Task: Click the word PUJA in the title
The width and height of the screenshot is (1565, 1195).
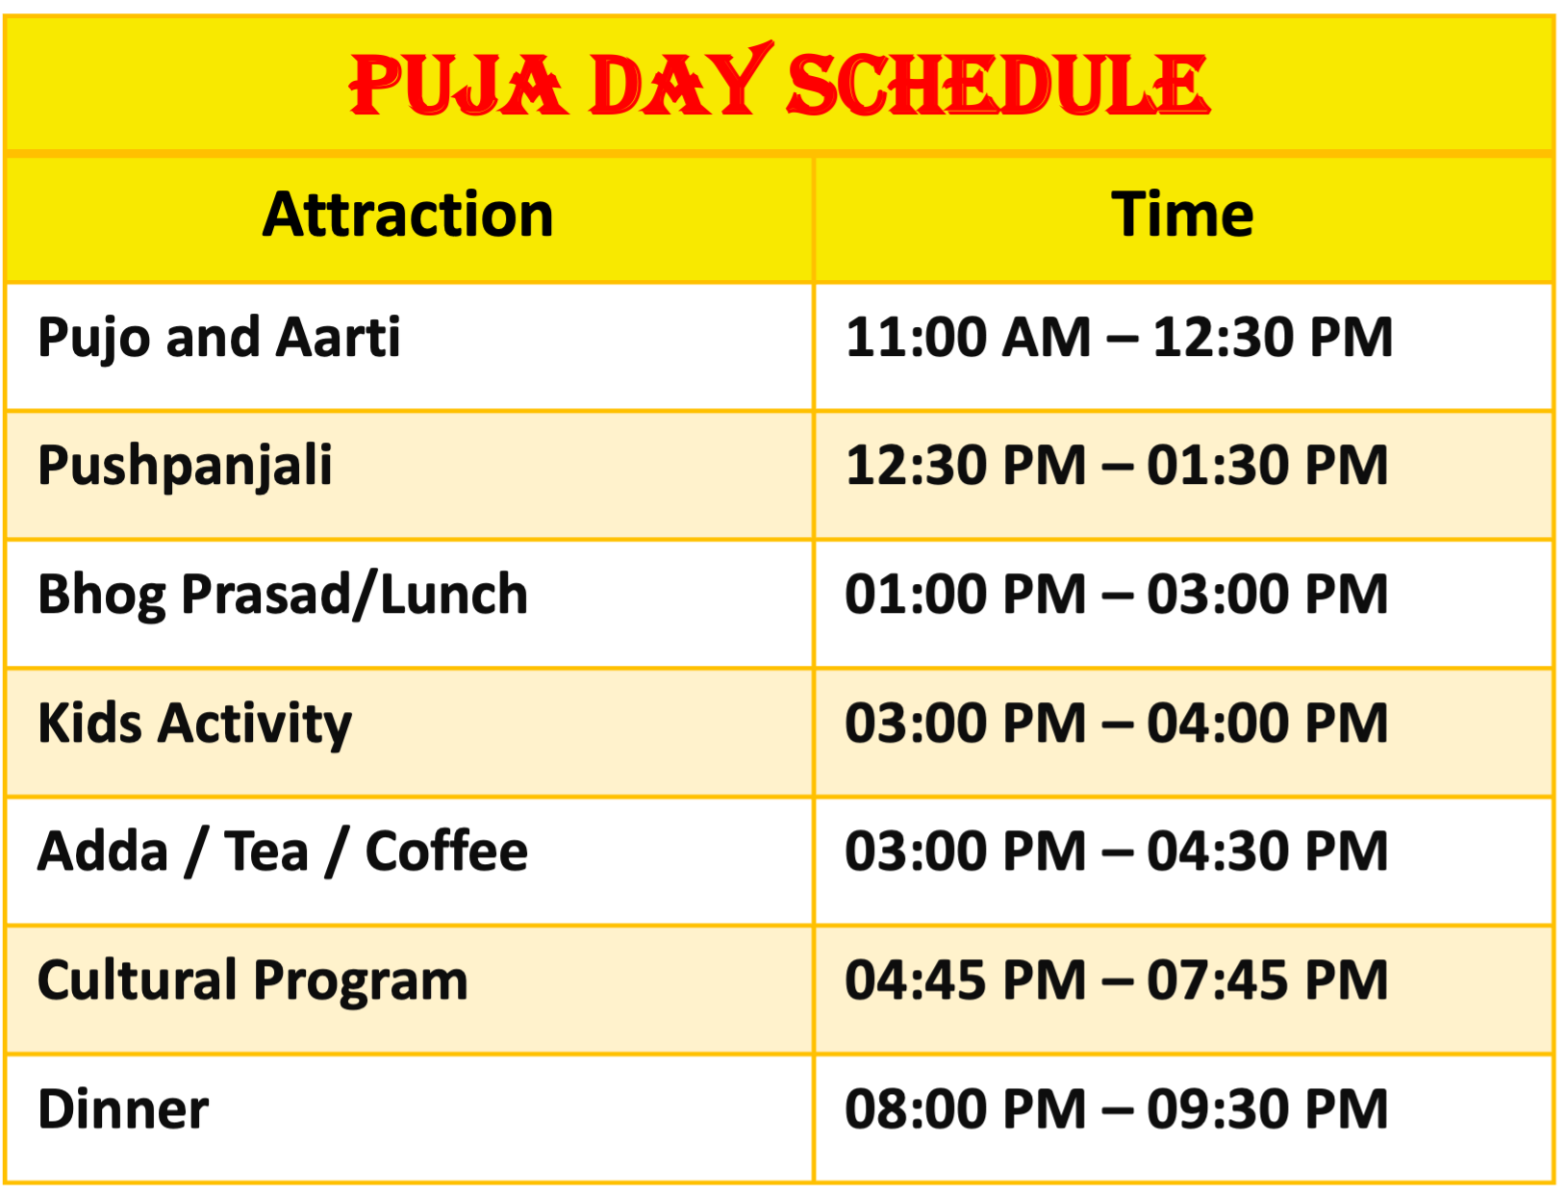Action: [x=458, y=85]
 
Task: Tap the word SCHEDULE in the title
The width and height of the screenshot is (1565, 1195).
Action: [x=998, y=85]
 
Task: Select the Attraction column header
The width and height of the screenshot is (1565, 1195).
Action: [x=408, y=214]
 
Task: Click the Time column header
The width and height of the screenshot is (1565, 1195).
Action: [x=1182, y=214]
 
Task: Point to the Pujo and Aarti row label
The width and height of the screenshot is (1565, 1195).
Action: [x=219, y=338]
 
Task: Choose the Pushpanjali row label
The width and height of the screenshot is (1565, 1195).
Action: [x=186, y=467]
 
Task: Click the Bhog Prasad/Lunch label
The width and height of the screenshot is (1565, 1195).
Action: [x=283, y=595]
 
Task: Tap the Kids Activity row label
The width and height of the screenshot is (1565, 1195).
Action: [x=194, y=724]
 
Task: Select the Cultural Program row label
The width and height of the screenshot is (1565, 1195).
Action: [x=252, y=981]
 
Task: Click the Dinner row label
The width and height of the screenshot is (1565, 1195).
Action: [x=123, y=1109]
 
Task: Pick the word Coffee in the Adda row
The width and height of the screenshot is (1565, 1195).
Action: [x=447, y=852]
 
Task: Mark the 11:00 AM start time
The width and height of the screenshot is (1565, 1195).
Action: [x=969, y=338]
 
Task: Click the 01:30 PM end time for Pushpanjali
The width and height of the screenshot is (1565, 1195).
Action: [x=1267, y=467]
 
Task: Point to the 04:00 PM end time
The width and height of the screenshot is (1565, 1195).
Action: [x=1267, y=724]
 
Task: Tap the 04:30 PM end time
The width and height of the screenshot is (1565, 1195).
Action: [x=1267, y=852]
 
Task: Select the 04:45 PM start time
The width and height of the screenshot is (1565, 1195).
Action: [x=966, y=980]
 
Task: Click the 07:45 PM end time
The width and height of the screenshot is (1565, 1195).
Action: [x=1267, y=980]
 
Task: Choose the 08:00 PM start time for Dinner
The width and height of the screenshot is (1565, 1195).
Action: [x=966, y=1109]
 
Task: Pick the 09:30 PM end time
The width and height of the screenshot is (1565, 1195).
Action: [x=1267, y=1109]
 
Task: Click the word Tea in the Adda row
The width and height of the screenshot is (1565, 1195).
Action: [x=266, y=852]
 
